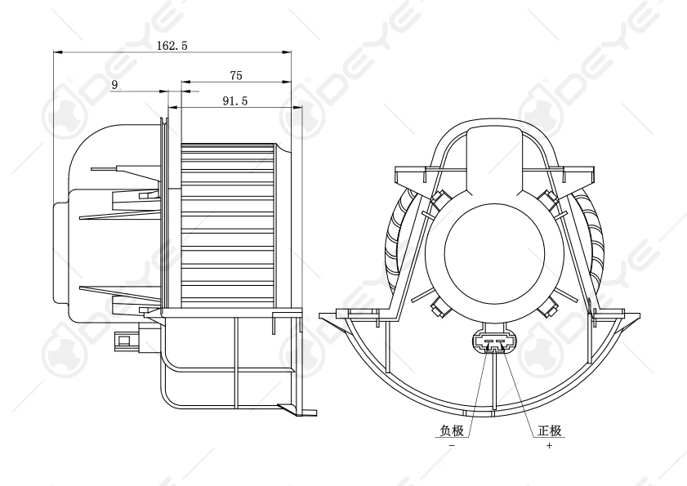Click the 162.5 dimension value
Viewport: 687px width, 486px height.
pyautogui.click(x=172, y=47)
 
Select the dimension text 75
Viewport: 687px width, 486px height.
pyautogui.click(x=236, y=75)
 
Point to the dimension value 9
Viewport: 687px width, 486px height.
pyautogui.click(x=114, y=84)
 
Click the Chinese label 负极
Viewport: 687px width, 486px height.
pyautogui.click(x=452, y=430)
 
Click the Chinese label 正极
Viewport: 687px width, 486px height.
pyautogui.click(x=549, y=430)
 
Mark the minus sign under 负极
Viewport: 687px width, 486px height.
pyautogui.click(x=452, y=446)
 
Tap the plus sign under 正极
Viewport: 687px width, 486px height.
pyautogui.click(x=549, y=446)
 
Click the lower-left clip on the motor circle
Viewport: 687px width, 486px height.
pyautogui.click(x=439, y=306)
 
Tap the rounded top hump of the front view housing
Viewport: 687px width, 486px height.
pyautogui.click(x=496, y=139)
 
